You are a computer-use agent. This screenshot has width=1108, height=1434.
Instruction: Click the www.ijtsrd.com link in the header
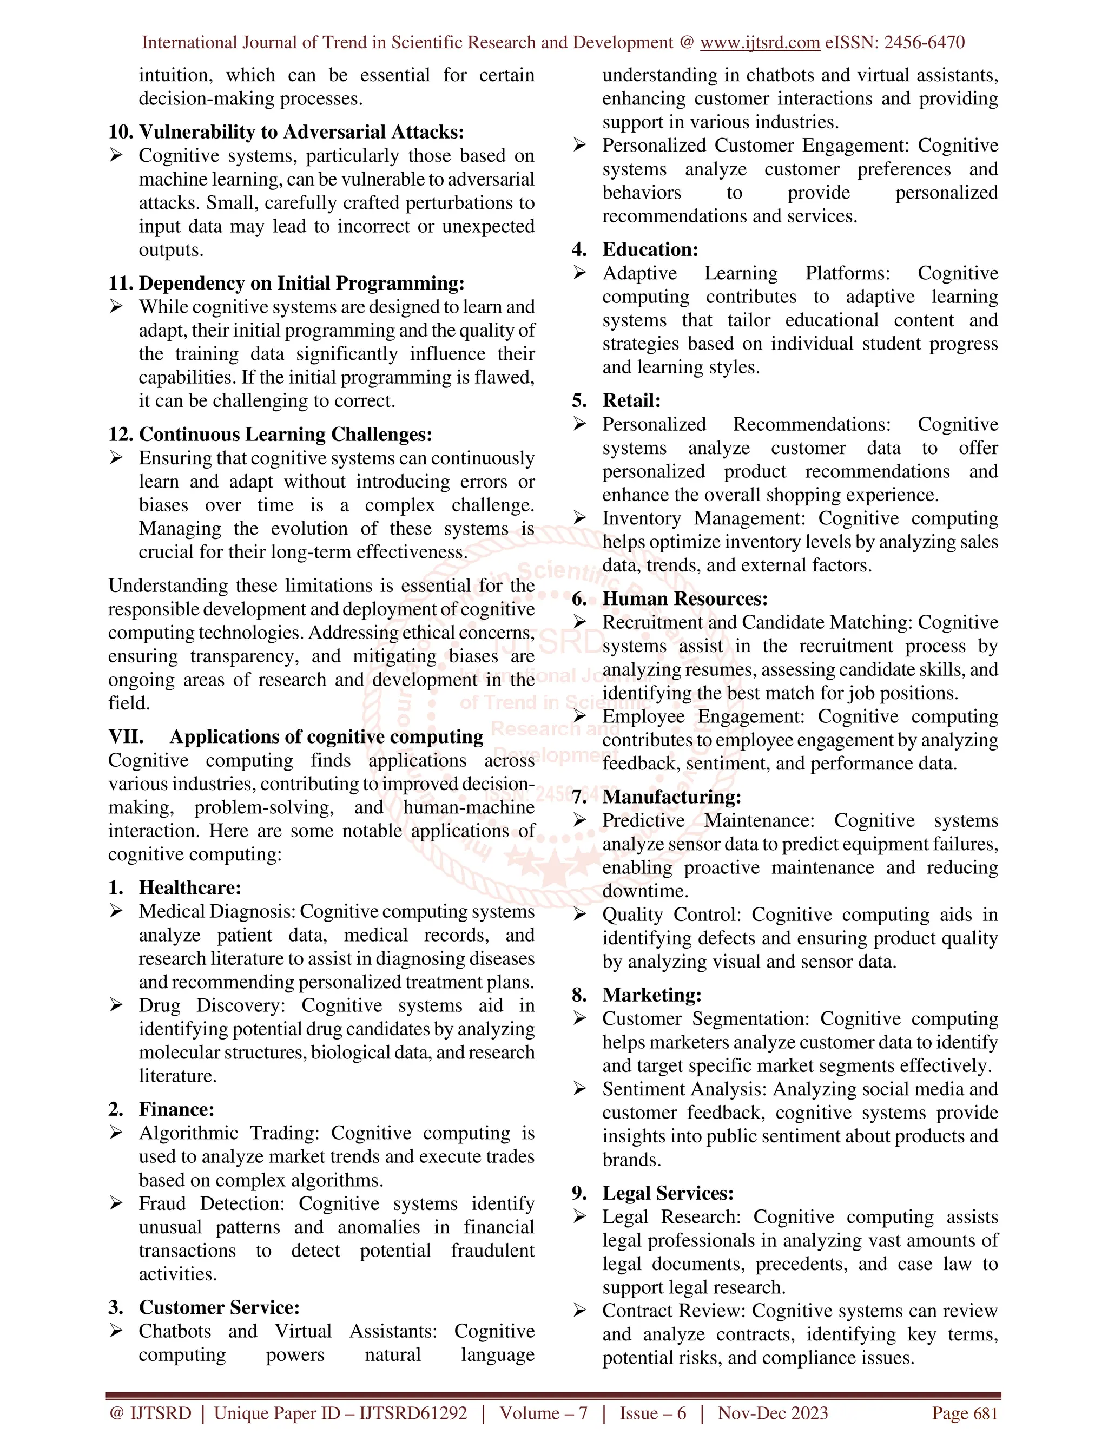pyautogui.click(x=760, y=43)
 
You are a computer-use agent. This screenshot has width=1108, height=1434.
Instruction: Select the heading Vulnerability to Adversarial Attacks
pyautogui.click(x=301, y=132)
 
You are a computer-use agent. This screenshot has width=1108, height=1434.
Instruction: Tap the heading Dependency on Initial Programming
pyautogui.click(x=301, y=283)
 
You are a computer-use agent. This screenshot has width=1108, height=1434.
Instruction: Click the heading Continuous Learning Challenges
pyautogui.click(x=286, y=435)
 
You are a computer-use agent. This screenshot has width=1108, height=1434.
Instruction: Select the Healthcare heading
pyautogui.click(x=190, y=887)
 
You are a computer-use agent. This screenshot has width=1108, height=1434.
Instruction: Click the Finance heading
pyautogui.click(x=176, y=1110)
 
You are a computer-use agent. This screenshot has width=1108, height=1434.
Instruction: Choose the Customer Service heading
pyautogui.click(x=219, y=1308)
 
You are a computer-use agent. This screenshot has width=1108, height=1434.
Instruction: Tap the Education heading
pyautogui.click(x=650, y=249)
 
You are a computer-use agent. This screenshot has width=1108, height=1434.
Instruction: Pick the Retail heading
pyautogui.click(x=631, y=400)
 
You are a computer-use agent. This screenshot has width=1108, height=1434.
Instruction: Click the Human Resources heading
pyautogui.click(x=684, y=599)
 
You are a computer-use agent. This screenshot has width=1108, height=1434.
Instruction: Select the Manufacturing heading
pyautogui.click(x=671, y=797)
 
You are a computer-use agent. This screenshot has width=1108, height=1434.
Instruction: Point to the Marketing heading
pyautogui.click(x=652, y=995)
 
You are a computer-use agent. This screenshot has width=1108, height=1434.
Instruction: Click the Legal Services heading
pyautogui.click(x=668, y=1194)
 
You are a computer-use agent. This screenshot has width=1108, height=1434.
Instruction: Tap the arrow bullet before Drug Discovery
pyautogui.click(x=116, y=1005)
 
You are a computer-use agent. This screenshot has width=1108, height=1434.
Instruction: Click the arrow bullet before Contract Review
pyautogui.click(x=579, y=1311)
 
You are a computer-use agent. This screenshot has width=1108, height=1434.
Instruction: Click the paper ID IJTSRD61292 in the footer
pyautogui.click(x=413, y=1413)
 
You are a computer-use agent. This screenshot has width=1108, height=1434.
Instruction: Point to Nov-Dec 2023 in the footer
pyautogui.click(x=773, y=1413)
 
